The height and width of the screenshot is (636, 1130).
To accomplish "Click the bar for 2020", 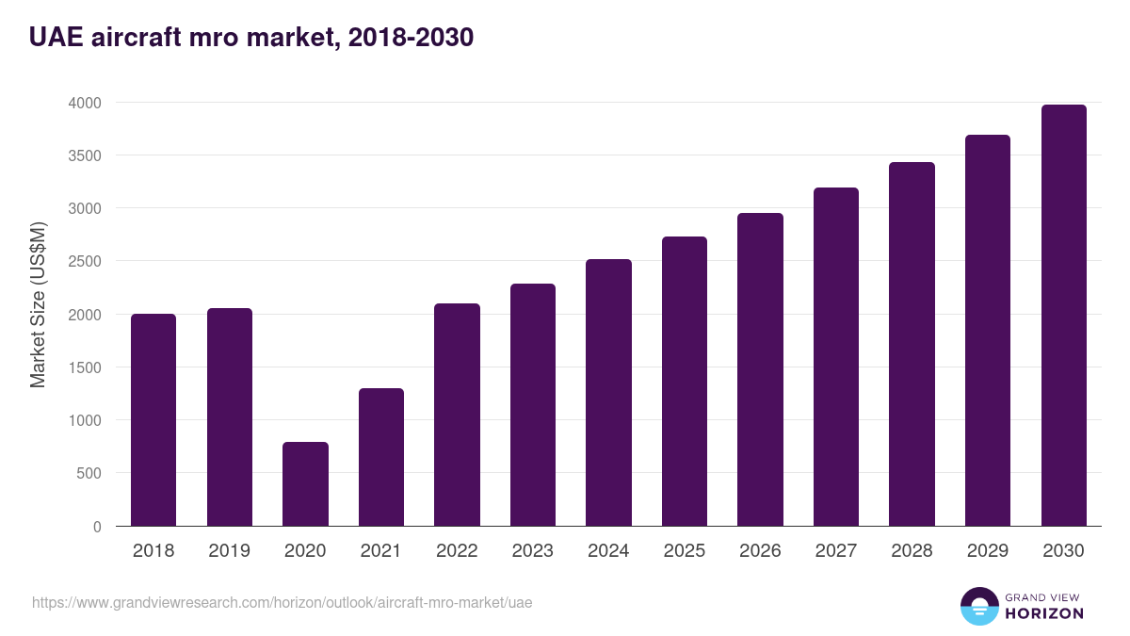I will (305, 483).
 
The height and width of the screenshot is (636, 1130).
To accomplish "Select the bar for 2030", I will (1063, 316).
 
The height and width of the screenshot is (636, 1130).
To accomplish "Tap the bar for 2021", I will (380, 457).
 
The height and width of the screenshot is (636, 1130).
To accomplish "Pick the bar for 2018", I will (153, 420).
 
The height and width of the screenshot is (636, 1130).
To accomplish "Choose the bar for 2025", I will (684, 382).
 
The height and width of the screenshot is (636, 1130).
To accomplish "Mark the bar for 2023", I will (532, 405).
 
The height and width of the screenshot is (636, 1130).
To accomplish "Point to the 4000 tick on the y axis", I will (84, 103).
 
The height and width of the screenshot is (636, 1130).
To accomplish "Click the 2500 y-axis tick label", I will (84, 261).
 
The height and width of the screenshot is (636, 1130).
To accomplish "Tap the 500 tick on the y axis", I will (89, 473).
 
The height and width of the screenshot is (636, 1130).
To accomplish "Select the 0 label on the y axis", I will (97, 527).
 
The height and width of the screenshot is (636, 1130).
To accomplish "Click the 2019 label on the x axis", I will (229, 551).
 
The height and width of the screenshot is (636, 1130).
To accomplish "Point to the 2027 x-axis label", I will (835, 551).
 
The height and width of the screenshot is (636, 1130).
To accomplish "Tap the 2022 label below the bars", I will (457, 551).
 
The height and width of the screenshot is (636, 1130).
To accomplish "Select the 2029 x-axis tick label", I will (987, 551).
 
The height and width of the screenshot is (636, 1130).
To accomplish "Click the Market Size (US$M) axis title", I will (38, 304).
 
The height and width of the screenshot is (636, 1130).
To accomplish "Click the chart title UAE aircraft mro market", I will (250, 38).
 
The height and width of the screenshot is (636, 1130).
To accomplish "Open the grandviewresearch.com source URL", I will (282, 602).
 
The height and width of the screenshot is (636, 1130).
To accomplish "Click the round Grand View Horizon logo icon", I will (978, 606).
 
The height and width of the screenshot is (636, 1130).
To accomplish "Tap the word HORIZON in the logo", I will (1043, 613).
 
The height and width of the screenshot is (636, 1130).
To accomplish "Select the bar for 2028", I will (912, 344).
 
